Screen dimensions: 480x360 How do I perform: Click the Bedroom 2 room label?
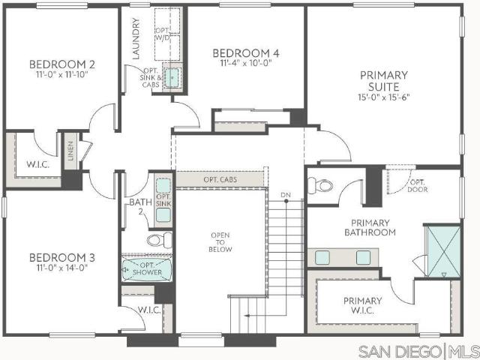click(62, 64)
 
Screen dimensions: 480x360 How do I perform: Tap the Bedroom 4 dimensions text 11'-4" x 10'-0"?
click(246, 63)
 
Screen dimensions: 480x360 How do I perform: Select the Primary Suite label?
click(384, 81)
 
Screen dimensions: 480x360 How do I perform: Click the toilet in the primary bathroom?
click(320, 185)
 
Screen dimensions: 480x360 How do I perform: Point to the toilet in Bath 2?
click(160, 240)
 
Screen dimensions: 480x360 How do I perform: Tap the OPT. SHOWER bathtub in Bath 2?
click(147, 269)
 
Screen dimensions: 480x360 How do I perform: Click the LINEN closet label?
click(71, 151)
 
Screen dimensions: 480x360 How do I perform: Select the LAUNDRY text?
click(136, 38)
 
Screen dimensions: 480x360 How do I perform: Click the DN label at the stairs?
click(286, 195)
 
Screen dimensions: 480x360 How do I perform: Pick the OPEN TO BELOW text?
click(220, 242)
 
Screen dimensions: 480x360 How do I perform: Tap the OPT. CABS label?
click(220, 179)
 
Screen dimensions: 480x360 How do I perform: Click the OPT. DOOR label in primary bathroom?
click(418, 186)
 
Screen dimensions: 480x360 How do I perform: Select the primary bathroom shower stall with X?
click(444, 251)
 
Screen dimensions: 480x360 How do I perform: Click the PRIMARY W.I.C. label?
click(362, 305)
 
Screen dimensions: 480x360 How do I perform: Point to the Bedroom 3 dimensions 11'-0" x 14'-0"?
click(62, 268)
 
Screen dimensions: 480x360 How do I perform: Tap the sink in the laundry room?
click(172, 78)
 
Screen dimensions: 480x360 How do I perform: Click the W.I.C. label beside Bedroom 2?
click(38, 165)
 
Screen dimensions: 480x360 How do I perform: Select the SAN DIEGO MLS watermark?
click(418, 351)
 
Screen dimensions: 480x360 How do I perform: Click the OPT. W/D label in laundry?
click(162, 34)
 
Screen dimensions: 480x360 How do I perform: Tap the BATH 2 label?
click(140, 206)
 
